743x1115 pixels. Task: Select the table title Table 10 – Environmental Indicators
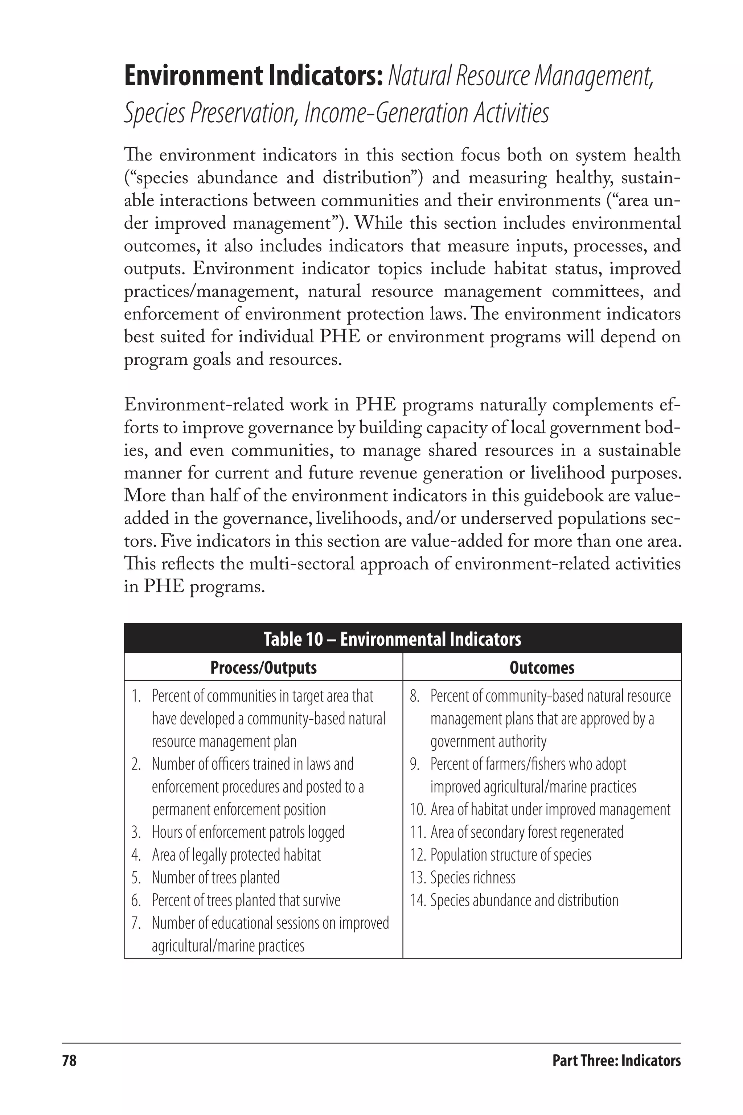click(392, 639)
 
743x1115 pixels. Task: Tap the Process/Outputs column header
click(263, 667)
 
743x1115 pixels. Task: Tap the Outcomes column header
click(542, 667)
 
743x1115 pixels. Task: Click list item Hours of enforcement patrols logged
click(248, 832)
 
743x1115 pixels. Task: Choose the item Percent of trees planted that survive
click(246, 900)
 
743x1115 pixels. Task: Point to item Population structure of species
click(510, 855)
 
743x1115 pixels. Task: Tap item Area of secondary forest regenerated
click(526, 832)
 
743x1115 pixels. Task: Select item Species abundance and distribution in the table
click(524, 900)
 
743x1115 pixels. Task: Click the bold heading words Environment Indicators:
click(253, 77)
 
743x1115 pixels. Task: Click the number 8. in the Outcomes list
click(415, 696)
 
